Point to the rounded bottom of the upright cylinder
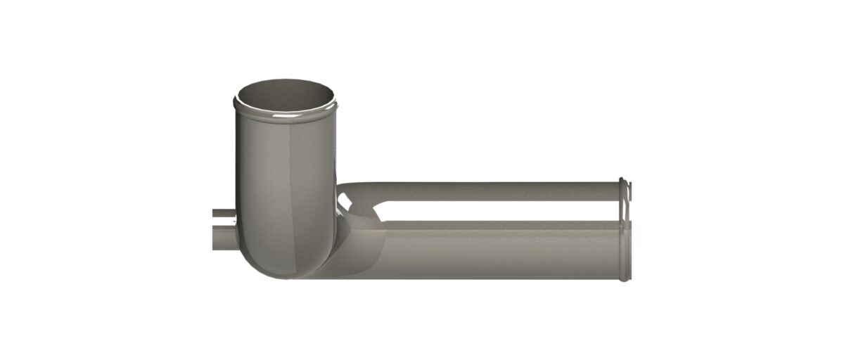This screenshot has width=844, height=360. point(285,267)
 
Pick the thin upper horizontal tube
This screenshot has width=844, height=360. point(492,191)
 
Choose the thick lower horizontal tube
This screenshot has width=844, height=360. point(492,250)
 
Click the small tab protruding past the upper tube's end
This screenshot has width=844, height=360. point(629,188)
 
